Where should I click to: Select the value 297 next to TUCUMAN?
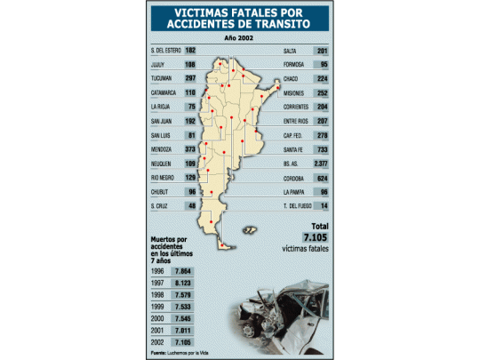189,77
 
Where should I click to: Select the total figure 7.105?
316,237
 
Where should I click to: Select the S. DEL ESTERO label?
166,50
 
